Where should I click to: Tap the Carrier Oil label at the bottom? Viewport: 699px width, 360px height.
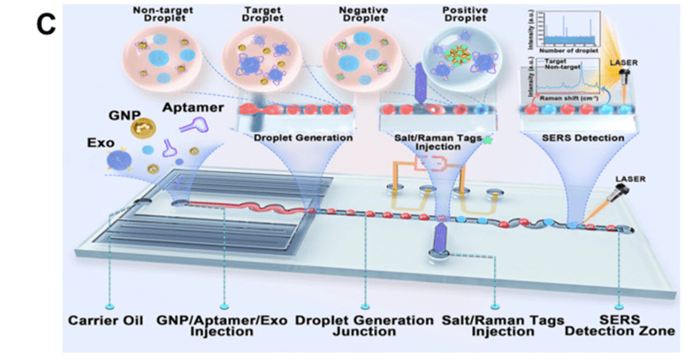108,320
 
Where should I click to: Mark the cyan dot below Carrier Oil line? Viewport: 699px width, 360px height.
108,303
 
